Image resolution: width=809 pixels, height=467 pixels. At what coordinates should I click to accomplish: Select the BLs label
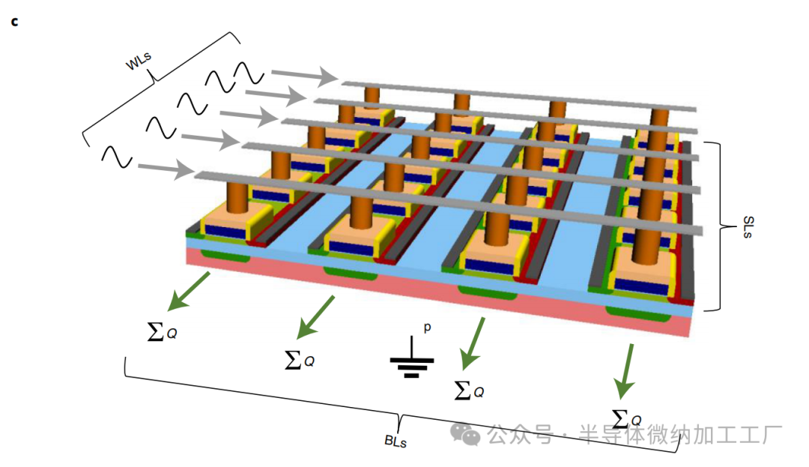396,440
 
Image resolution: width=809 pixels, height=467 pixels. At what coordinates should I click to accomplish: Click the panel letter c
13,22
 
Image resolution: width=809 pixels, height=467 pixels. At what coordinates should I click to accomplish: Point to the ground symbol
411,363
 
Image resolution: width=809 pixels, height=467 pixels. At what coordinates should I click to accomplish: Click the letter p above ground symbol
428,328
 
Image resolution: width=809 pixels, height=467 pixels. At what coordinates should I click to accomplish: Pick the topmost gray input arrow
303,74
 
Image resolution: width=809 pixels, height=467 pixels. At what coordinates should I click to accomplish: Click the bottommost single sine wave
117,155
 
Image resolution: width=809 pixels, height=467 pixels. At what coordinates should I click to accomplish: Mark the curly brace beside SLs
720,226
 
